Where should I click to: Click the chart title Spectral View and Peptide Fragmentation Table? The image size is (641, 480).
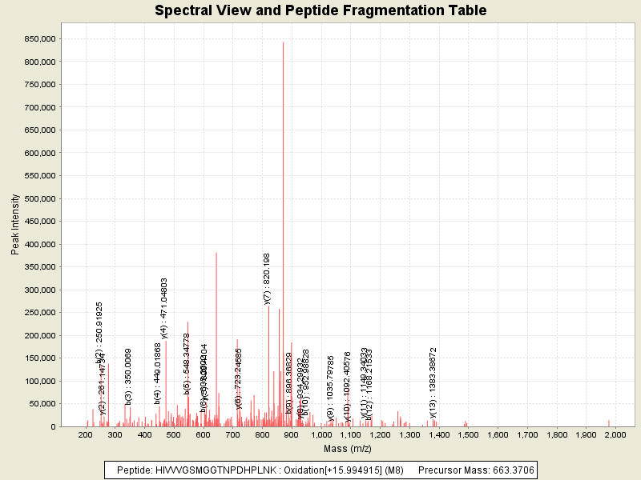click(x=320, y=10)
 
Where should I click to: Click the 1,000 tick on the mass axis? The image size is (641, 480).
click(x=320, y=434)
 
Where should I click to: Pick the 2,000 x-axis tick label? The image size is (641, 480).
click(x=615, y=434)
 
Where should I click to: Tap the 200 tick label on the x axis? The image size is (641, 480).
click(x=85, y=434)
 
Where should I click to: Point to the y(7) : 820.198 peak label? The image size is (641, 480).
click(x=268, y=278)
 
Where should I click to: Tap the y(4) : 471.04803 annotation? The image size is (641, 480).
click(x=164, y=308)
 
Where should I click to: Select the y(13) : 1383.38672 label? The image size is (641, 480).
click(x=433, y=382)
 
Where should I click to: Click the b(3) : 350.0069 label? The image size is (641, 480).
click(x=128, y=376)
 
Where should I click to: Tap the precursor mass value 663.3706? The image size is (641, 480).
click(x=510, y=469)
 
